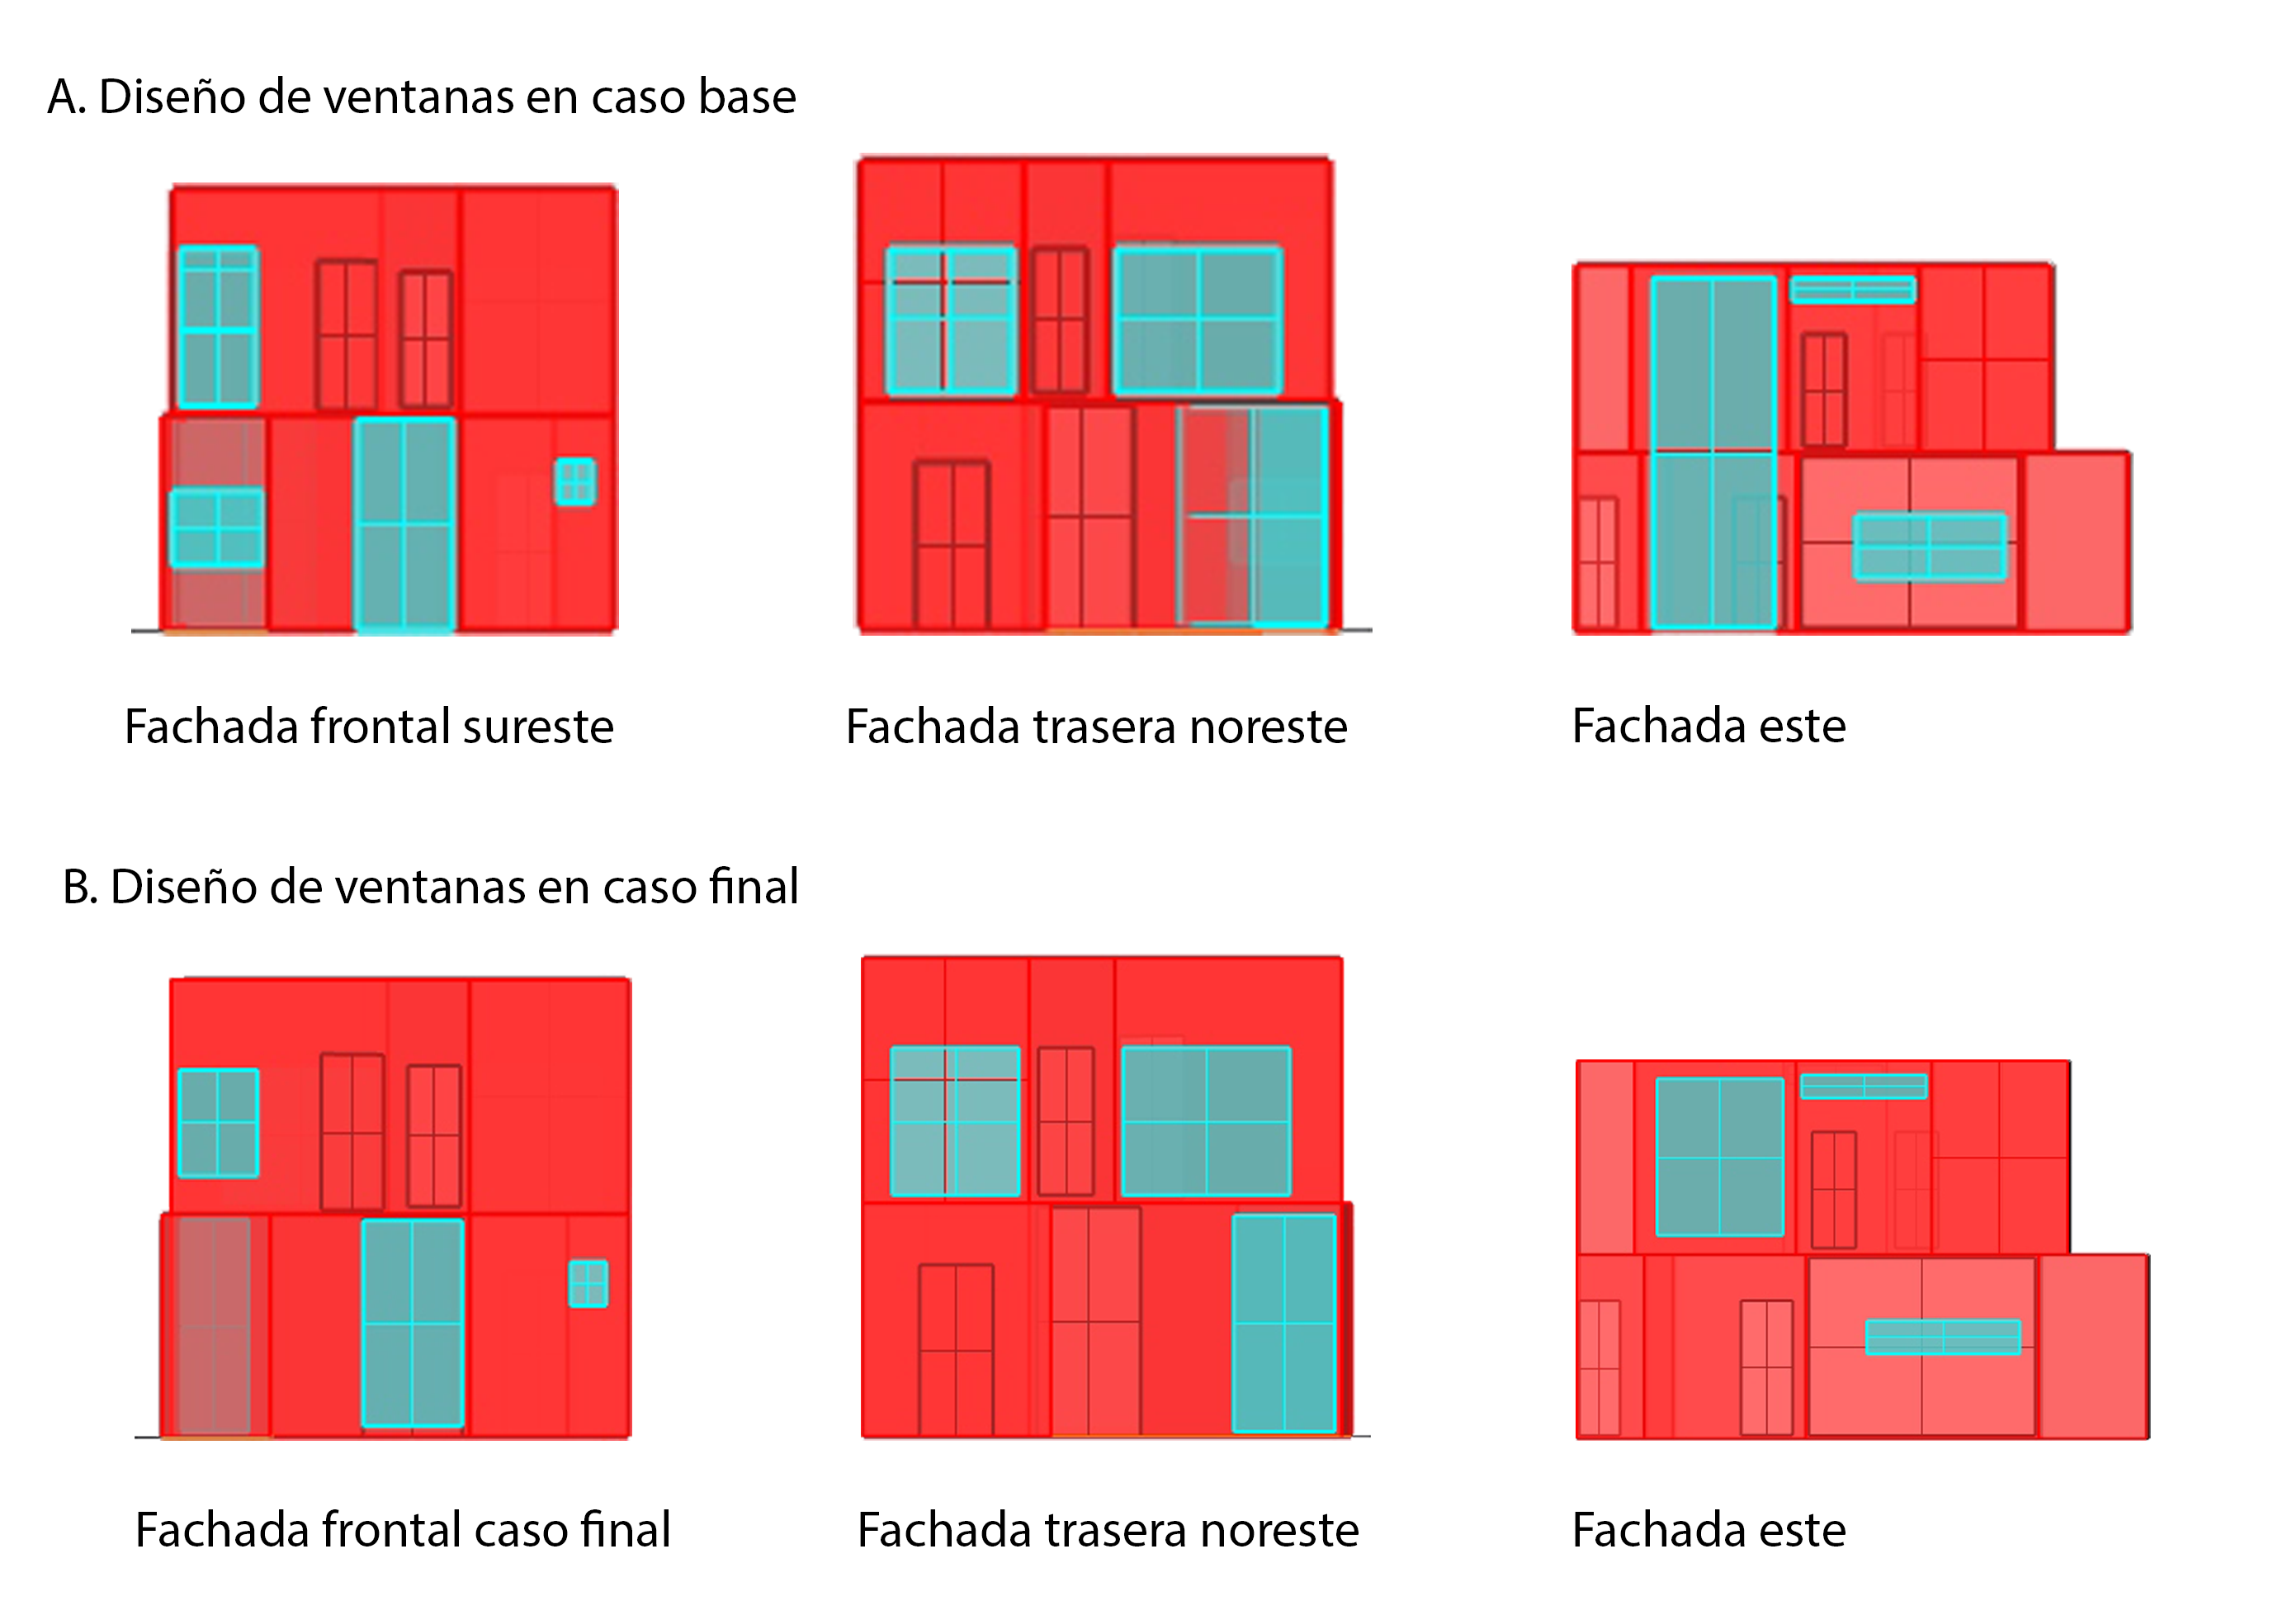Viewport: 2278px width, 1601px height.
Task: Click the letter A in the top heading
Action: pyautogui.click(x=65, y=97)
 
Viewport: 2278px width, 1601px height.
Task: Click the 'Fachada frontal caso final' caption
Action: pyautogui.click(x=403, y=1529)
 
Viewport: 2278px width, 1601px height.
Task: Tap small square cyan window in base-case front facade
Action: pyautogui.click(x=575, y=481)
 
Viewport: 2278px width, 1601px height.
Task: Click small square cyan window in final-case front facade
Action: pyautogui.click(x=588, y=1283)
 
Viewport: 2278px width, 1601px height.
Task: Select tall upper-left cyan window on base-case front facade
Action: pyautogui.click(x=218, y=326)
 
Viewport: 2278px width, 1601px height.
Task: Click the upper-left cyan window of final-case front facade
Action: pyautogui.click(x=218, y=1123)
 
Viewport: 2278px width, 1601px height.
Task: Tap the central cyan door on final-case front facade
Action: pyautogui.click(x=413, y=1323)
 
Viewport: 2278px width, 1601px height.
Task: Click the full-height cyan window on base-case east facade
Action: pyautogui.click(x=1713, y=452)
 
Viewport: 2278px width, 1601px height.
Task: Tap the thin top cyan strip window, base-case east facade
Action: pyautogui.click(x=1852, y=290)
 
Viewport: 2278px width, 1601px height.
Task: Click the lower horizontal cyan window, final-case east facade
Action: pyautogui.click(x=1943, y=1337)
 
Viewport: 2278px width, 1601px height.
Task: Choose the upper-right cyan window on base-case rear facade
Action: pyautogui.click(x=1198, y=320)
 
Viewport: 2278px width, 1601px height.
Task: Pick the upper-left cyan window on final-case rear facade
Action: pyautogui.click(x=954, y=1121)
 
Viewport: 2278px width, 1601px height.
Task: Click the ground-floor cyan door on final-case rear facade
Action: pyautogui.click(x=1284, y=1323)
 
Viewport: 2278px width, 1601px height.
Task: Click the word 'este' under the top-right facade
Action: pyautogui.click(x=1802, y=727)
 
